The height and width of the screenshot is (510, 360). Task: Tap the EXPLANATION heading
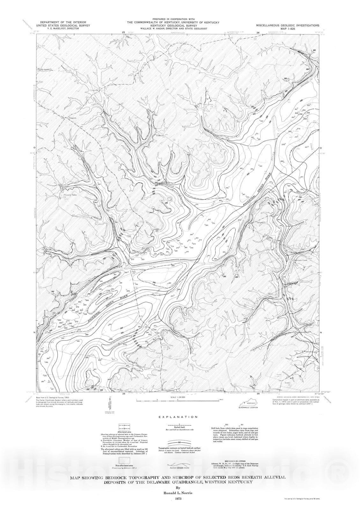(180, 417)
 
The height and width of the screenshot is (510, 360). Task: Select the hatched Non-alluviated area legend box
(124, 460)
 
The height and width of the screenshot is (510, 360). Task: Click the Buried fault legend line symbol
(180, 425)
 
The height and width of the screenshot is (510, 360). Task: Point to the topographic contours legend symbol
(180, 442)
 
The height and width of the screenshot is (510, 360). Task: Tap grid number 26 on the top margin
(258, 33)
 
